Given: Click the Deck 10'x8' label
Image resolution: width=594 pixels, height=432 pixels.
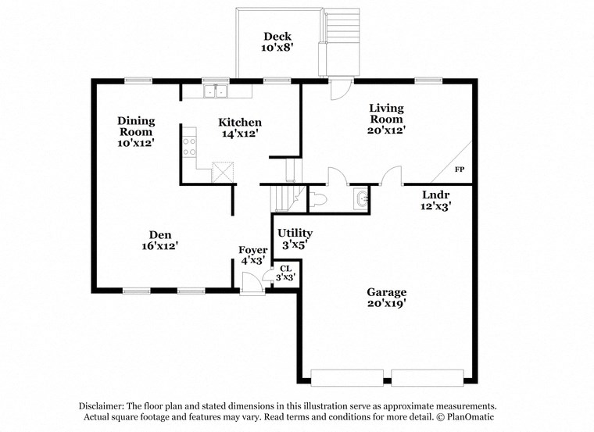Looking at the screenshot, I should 277,41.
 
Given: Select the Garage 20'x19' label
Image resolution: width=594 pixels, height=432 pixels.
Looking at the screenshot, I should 386,298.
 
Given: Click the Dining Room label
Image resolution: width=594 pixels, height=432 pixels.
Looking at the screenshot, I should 136,132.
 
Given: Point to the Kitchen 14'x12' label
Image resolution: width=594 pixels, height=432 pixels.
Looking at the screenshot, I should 239,128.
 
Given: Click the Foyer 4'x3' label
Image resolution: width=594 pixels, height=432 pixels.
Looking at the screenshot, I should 252,255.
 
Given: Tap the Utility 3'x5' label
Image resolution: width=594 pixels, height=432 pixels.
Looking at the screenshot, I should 295,238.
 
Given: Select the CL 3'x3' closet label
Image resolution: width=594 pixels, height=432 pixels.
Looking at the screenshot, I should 286,273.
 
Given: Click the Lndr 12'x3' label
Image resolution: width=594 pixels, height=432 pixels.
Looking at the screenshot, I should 435,200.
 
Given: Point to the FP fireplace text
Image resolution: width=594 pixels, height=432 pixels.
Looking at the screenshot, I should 459,170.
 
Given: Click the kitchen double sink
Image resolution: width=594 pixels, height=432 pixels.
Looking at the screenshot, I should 215,92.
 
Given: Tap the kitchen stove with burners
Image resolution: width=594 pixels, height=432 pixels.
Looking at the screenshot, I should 190,146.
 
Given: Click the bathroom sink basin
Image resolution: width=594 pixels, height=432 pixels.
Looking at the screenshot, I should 360,200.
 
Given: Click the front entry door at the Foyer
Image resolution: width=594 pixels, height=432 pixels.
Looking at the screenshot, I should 252,286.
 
